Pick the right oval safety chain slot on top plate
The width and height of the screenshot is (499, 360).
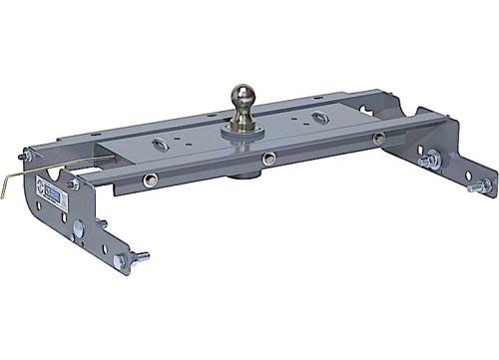pos(319,118)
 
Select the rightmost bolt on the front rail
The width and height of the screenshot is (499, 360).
pos(380,140)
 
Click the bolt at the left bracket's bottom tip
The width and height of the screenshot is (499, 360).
pos(120,261)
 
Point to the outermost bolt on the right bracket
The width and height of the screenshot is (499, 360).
pos(482,184)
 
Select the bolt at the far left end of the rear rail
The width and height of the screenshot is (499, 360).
pos(27,157)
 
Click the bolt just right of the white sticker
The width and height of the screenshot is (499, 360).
pos(72,183)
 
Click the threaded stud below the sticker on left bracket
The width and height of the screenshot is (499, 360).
pos(103,225)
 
